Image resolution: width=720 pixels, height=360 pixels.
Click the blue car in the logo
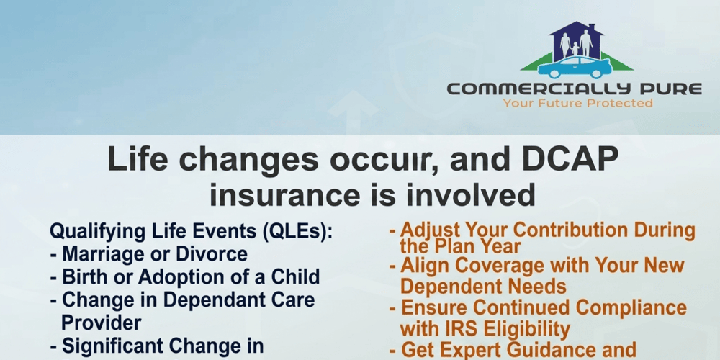point(575,68)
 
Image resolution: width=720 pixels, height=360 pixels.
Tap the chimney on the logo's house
point(593,28)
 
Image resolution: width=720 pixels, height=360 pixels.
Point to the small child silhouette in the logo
point(575,48)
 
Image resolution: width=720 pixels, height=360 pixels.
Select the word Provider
point(101,323)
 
